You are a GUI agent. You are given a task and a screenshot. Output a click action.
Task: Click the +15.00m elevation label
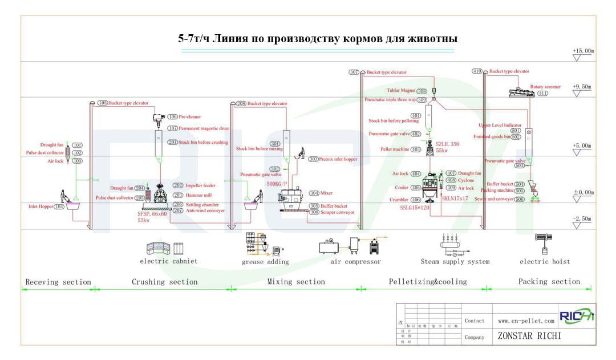[583, 50]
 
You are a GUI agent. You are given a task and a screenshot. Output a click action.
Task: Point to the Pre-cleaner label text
[190, 117]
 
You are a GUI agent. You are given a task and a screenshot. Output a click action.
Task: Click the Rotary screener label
[545, 87]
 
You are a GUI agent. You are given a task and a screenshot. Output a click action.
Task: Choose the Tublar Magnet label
[400, 90]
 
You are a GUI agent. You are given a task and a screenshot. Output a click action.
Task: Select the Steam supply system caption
[455, 262]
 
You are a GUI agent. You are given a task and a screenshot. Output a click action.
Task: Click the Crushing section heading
[164, 282]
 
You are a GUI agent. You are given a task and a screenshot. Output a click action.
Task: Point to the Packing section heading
[549, 281]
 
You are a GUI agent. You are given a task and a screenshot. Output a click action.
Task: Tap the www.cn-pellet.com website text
[525, 321]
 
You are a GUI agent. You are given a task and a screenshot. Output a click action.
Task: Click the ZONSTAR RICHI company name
[529, 336]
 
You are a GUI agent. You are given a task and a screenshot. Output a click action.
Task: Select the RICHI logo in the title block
[576, 317]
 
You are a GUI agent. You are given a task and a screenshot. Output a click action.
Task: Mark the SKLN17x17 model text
[455, 198]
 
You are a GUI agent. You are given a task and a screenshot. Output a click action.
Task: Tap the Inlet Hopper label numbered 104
[46, 207]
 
